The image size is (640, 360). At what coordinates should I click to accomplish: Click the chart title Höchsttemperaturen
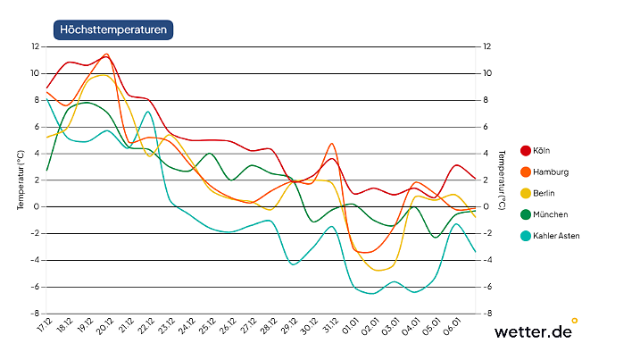pos(112,29)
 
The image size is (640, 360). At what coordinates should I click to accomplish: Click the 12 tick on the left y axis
pos(35,46)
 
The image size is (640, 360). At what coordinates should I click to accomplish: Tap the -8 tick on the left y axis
pos(35,314)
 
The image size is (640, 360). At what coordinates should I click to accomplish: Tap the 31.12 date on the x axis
pos(332,327)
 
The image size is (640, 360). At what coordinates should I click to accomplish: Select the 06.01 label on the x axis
pos(455,327)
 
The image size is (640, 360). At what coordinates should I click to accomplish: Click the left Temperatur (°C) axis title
pos(20,180)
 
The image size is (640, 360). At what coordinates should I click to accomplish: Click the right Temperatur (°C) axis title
pos(503,180)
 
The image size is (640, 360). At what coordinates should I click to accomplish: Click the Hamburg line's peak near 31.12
pos(332,143)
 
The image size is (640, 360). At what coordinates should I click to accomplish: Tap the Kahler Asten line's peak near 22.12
pos(148,112)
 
